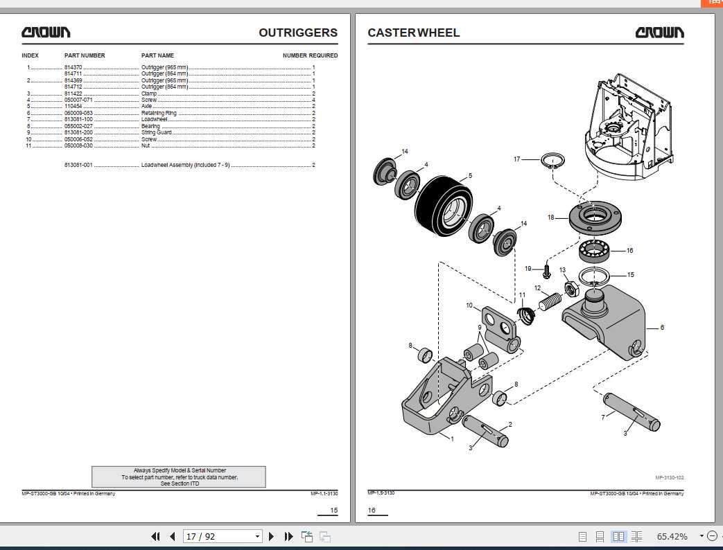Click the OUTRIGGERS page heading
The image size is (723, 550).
coord(298,33)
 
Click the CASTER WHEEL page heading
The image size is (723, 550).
coord(413,33)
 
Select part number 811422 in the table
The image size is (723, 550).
coord(73,94)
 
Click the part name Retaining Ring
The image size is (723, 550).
coord(159,113)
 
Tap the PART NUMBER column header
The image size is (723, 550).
coord(85,55)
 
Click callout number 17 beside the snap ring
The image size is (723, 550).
coord(516,159)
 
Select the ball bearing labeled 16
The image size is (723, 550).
coord(595,249)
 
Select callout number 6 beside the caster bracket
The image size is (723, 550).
coord(661,327)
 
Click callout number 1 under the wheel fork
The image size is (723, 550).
coord(452,438)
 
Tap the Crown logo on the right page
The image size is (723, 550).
coord(659,33)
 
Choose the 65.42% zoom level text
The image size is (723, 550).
coord(672,536)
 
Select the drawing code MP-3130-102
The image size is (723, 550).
coord(670,477)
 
